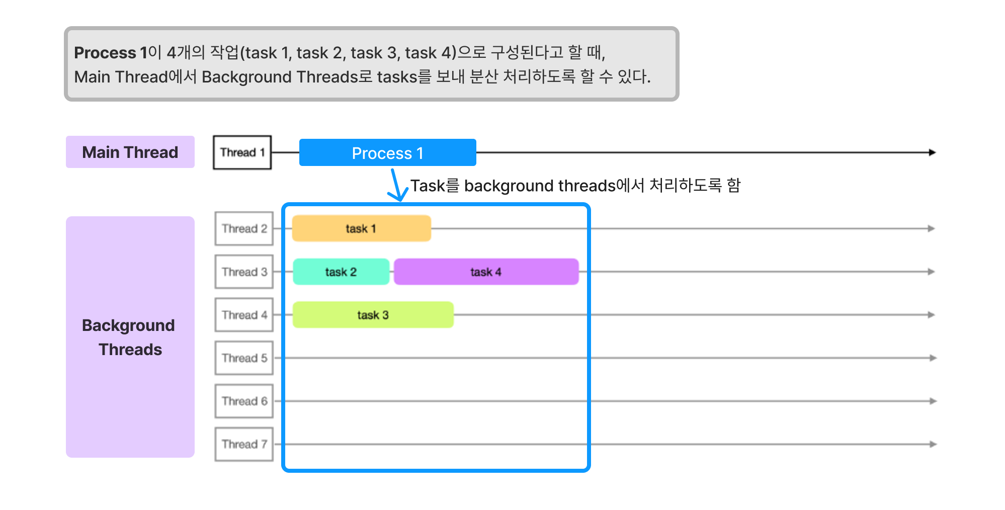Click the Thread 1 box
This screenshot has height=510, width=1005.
tap(242, 152)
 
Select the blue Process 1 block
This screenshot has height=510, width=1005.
tap(387, 152)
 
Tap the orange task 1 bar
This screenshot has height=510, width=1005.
tap(361, 228)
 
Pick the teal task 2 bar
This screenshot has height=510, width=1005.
tap(341, 272)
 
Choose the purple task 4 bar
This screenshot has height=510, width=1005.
tap(486, 272)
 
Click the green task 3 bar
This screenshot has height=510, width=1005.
tap(373, 315)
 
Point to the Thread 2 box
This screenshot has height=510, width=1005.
tap(244, 228)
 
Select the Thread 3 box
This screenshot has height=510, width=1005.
tap(244, 272)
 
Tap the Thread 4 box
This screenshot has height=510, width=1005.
tap(244, 315)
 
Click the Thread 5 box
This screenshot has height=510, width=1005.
tap(244, 358)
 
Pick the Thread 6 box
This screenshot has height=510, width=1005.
tap(244, 401)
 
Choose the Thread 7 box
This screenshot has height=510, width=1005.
tap(244, 444)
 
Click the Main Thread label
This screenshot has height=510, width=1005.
tap(130, 152)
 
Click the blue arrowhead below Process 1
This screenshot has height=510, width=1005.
tap(399, 196)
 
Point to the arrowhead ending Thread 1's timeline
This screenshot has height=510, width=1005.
tap(932, 152)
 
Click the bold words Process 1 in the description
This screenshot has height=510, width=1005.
tap(110, 52)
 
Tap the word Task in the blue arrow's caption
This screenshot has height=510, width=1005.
tap(428, 186)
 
